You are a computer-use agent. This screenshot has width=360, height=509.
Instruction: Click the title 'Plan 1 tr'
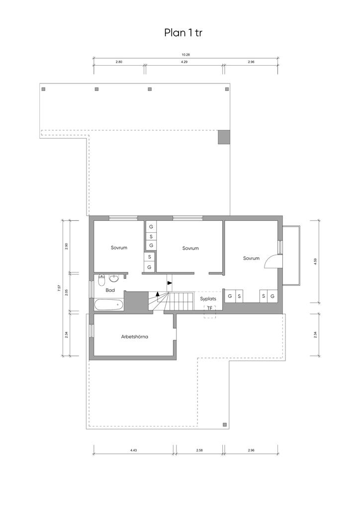pyautogui.click(x=183, y=33)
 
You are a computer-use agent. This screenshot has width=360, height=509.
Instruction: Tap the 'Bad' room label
pyautogui.click(x=110, y=290)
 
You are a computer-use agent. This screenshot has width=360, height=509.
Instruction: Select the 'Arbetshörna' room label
pyautogui.click(x=134, y=337)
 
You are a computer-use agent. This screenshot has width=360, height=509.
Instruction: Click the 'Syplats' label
pyautogui.click(x=208, y=299)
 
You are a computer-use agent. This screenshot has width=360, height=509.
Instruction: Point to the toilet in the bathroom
pyautogui.click(x=101, y=279)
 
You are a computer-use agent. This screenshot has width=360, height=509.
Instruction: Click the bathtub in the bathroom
pyautogui.click(x=109, y=305)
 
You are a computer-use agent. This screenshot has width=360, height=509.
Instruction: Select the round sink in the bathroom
pyautogui.click(x=114, y=278)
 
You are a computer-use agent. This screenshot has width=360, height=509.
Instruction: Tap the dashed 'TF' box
pyautogui.click(x=210, y=311)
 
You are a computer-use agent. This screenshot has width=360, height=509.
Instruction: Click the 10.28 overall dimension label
pyautogui.click(x=185, y=55)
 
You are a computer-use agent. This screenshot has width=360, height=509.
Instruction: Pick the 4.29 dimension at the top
pyautogui.click(x=184, y=62)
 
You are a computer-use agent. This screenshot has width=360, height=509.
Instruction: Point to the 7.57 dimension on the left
pyautogui.click(x=59, y=288)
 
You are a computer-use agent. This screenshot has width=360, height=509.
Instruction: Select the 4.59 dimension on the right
pyautogui.click(x=315, y=261)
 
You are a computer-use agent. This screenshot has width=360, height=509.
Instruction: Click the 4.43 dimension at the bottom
pyautogui.click(x=133, y=450)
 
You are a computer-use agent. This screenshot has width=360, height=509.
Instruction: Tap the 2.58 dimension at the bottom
pyautogui.click(x=199, y=450)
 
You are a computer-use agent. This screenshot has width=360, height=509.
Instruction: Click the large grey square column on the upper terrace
pyautogui.click(x=224, y=137)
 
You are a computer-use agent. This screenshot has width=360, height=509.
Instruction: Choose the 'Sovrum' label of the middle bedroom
pyautogui.click(x=190, y=249)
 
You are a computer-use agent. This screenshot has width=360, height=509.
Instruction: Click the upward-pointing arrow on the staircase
pyautogui.click(x=158, y=294)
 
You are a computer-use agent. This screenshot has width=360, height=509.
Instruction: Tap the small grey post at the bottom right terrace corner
pyautogui.click(x=224, y=424)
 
